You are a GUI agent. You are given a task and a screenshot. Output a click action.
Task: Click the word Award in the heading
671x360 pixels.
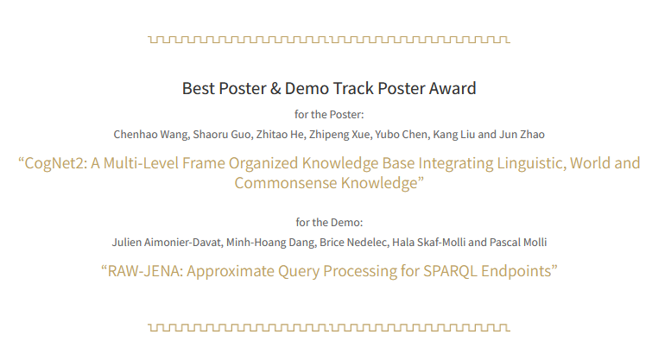coord(452,88)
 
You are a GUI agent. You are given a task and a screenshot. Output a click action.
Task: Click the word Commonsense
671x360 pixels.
coord(280,183)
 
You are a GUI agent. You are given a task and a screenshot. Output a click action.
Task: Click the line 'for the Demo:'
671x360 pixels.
coord(329,222)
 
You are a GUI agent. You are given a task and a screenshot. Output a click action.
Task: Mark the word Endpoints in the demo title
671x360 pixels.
coord(517,271)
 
